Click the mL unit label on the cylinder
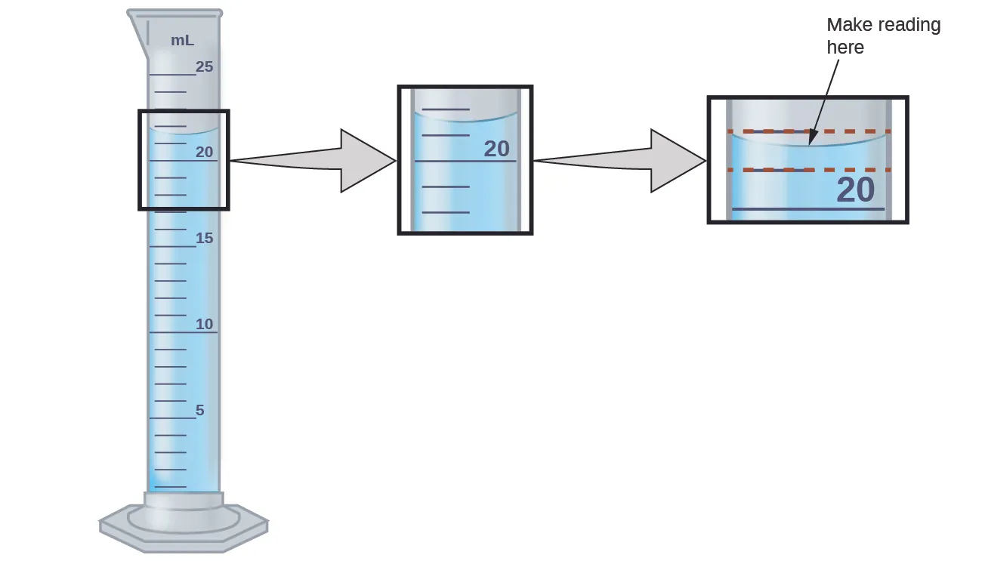[182, 41]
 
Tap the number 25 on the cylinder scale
[205, 66]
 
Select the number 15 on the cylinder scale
[205, 238]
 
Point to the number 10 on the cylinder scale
[205, 324]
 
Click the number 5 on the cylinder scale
[200, 410]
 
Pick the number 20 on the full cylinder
[205, 152]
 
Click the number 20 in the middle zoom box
[496, 149]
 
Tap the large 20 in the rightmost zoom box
[855, 190]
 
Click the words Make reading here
[882, 35]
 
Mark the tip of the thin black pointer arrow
[810, 143]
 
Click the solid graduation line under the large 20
[808, 208]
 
